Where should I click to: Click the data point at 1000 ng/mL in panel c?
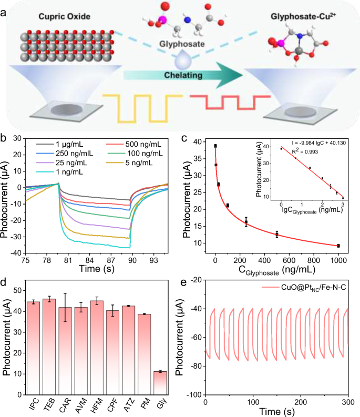point(338,246)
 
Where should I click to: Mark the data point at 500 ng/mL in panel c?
point(277,235)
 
